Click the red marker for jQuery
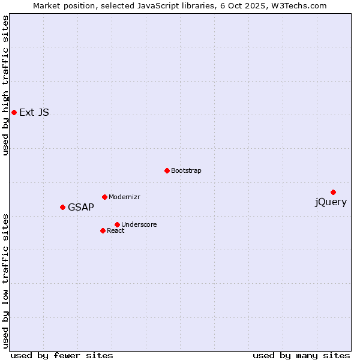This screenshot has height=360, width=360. point(333,192)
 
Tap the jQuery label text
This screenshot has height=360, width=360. point(331,202)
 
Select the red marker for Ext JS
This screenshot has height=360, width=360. point(14,112)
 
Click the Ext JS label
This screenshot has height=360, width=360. point(34,112)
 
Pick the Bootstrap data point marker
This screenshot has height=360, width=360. point(167,170)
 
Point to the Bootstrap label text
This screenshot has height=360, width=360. point(186,170)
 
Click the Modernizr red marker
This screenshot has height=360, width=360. point(104,197)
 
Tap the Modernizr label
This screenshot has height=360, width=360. point(124,197)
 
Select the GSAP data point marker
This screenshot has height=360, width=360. point(62,207)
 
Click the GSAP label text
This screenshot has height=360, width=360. point(81,208)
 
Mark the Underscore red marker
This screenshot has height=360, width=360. point(117,224)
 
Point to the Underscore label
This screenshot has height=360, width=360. point(139,224)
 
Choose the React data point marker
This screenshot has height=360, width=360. point(103,230)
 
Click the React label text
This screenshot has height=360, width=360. point(116,230)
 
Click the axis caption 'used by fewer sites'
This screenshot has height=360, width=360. point(62,355)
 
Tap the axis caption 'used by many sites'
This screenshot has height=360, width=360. point(301,355)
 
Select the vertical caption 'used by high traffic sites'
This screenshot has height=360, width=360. point(5,85)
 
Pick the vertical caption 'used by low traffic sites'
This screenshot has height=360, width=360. point(5,281)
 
